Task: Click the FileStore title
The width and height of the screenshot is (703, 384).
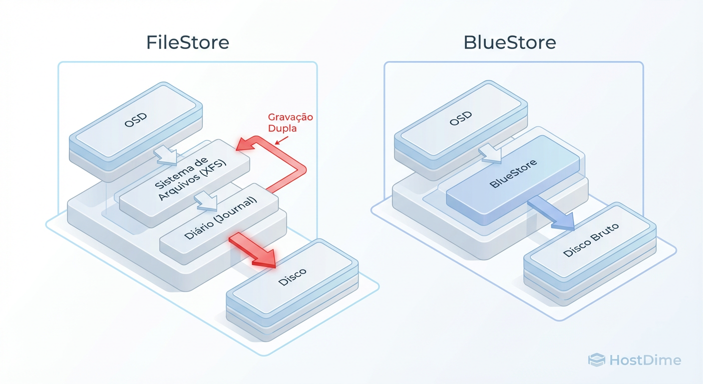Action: (x=188, y=42)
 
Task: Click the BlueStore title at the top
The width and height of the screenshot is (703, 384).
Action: (x=510, y=42)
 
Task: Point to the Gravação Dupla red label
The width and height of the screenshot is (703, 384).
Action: (x=290, y=122)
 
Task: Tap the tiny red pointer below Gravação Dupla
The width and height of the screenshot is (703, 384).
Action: (x=281, y=141)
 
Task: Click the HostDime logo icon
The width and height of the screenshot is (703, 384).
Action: (x=596, y=359)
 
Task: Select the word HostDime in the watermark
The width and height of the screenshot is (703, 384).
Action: (x=645, y=359)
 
